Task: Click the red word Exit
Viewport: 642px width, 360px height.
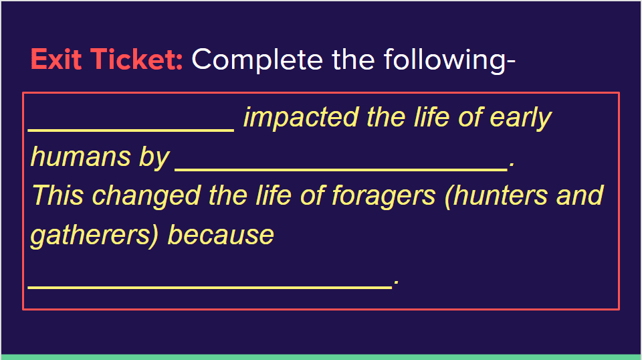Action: tap(56, 59)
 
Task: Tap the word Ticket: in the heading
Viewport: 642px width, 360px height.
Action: tap(136, 59)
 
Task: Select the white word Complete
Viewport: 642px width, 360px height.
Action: tap(257, 60)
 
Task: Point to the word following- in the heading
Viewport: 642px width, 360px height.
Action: tap(449, 60)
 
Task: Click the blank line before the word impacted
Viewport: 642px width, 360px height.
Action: tap(131, 130)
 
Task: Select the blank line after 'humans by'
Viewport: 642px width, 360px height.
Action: tap(341, 169)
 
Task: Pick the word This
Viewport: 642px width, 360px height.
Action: tap(58, 195)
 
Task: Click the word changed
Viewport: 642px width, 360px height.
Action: tap(146, 197)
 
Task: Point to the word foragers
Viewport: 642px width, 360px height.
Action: tap(384, 197)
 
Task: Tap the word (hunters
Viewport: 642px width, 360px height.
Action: tap(496, 196)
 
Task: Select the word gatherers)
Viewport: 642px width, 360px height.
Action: tap(94, 236)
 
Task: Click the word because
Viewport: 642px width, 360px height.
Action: tap(221, 235)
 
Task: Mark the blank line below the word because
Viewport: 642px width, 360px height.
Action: tap(209, 288)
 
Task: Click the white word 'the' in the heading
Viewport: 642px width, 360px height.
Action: tap(353, 60)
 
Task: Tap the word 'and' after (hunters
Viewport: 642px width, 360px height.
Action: tap(580, 195)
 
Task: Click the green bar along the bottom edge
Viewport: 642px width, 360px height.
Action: tap(321, 357)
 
